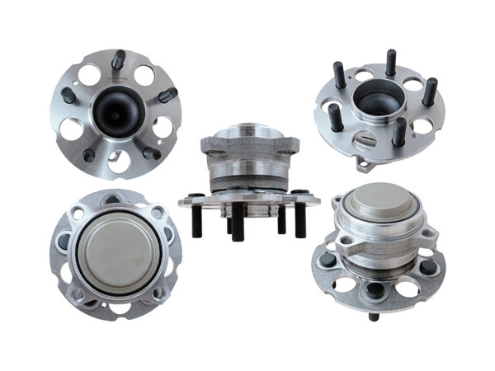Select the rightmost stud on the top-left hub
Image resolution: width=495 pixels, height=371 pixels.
[x=167, y=95]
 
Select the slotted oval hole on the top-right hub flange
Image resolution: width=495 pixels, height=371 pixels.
[x=363, y=141]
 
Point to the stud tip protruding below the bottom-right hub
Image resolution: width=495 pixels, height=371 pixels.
[x=374, y=316]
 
